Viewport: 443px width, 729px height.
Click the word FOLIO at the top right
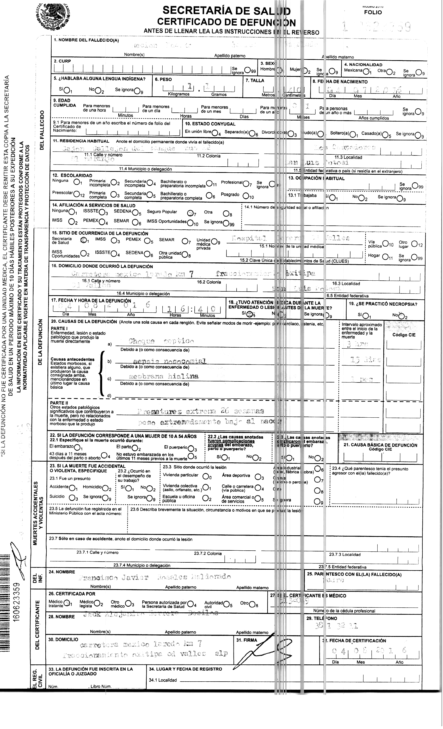point(373,12)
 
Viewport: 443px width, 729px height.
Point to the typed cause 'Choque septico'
point(161,341)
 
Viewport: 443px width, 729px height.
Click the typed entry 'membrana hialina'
point(164,376)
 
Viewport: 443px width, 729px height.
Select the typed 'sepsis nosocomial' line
point(169,361)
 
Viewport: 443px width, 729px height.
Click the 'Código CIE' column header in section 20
point(404,335)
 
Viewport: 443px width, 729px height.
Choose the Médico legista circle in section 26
point(100,604)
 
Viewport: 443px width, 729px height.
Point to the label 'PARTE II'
point(59,403)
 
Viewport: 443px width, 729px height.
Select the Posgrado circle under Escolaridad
point(245,196)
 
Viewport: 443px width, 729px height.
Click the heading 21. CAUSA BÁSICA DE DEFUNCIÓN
point(380,445)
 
